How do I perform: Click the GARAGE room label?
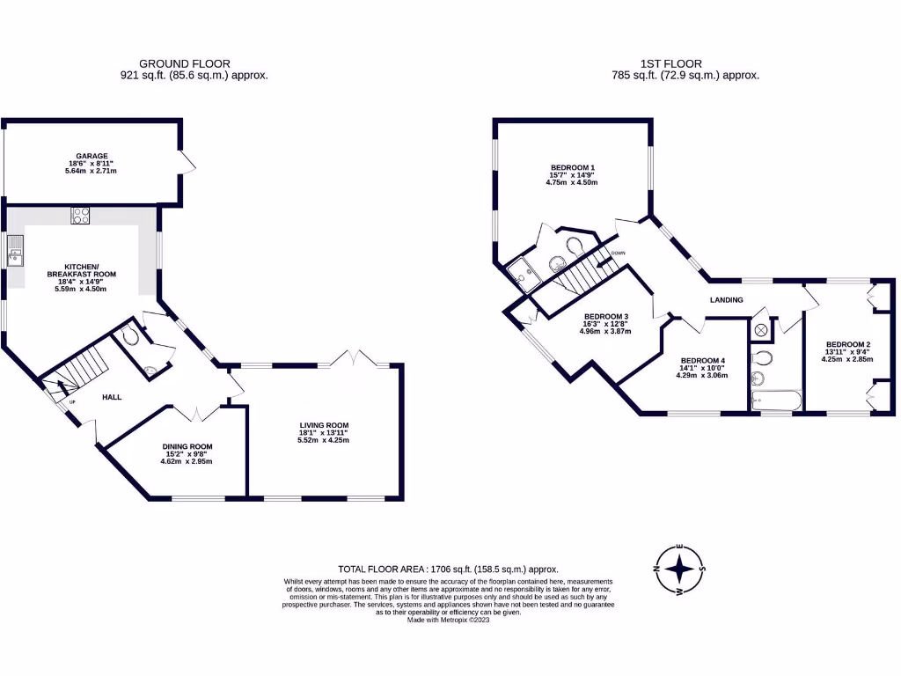(x=92, y=156)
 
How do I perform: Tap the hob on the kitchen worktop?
(x=80, y=215)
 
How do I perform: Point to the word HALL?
(x=112, y=397)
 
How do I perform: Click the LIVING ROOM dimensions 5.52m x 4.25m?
(x=324, y=439)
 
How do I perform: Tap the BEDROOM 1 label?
(x=573, y=167)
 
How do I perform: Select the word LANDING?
(x=727, y=300)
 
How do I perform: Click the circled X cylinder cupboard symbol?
(x=759, y=331)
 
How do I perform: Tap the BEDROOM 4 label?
(x=702, y=361)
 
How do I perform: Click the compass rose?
(x=679, y=569)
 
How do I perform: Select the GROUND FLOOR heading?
(x=186, y=63)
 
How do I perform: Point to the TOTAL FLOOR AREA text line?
(x=449, y=569)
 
